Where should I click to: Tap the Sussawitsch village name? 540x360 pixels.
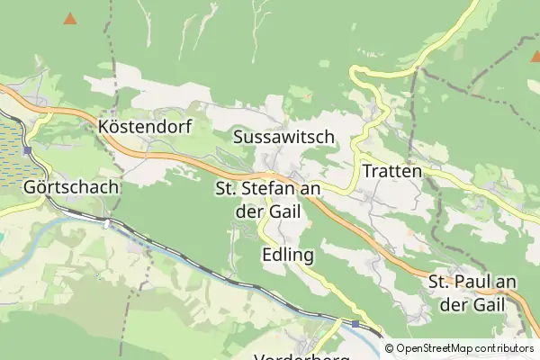pos(283,137)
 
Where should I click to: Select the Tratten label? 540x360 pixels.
pos(391,169)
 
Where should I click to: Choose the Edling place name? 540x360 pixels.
pos(288,255)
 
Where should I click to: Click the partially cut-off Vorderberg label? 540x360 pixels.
pos(301,356)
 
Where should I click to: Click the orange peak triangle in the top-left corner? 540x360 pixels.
pos(70,17)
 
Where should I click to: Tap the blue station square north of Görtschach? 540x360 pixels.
pos(28,150)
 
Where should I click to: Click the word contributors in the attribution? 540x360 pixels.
pos(505,348)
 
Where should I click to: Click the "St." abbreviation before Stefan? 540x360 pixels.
pos(226,188)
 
